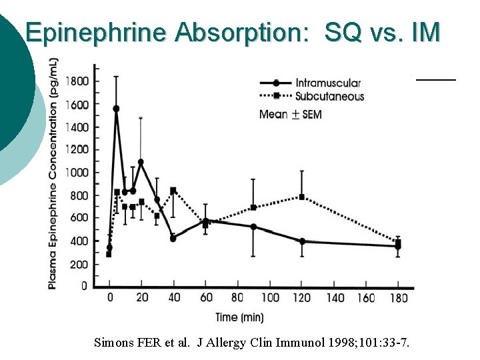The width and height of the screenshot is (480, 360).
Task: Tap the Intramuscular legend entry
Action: click(328, 83)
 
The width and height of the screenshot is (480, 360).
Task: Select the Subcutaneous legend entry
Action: click(329, 97)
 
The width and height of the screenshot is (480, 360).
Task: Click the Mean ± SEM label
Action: click(291, 115)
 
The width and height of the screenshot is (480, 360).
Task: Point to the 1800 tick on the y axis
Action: click(77, 81)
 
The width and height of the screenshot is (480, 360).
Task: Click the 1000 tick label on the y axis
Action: click(77, 173)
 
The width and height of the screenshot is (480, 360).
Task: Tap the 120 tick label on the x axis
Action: click(302, 298)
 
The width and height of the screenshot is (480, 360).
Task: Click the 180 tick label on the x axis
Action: click(399, 298)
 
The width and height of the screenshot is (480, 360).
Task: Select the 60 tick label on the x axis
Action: click(205, 298)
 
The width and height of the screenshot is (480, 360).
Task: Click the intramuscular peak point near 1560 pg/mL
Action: click(116, 109)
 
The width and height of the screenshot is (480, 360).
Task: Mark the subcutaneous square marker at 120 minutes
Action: click(302, 197)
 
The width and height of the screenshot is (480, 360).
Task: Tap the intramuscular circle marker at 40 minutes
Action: click(173, 238)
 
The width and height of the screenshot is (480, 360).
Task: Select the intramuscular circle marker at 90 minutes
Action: click(253, 227)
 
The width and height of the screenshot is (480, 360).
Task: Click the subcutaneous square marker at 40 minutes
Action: click(173, 191)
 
